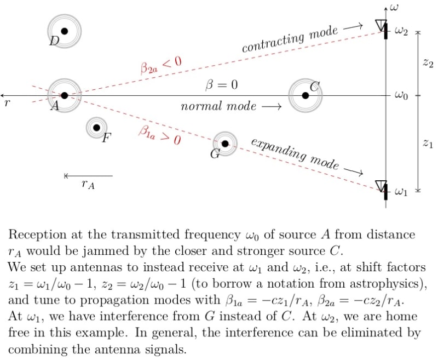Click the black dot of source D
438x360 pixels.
(x=64, y=31)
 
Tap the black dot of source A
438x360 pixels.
(x=64, y=95)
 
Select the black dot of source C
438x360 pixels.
(x=305, y=95)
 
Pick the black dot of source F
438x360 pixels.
(x=96, y=128)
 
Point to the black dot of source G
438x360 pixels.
(x=224, y=144)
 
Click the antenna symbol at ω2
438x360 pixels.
(x=382, y=26)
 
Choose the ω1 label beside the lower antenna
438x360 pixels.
(x=401, y=192)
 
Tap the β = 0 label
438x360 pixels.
(x=221, y=85)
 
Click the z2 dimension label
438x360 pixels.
(x=428, y=64)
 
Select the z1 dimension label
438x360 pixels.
(x=428, y=143)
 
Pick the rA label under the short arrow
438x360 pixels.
(x=88, y=185)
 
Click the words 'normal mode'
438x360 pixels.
(x=218, y=106)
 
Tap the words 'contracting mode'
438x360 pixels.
(x=290, y=40)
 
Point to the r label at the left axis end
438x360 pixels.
(x=6, y=103)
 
